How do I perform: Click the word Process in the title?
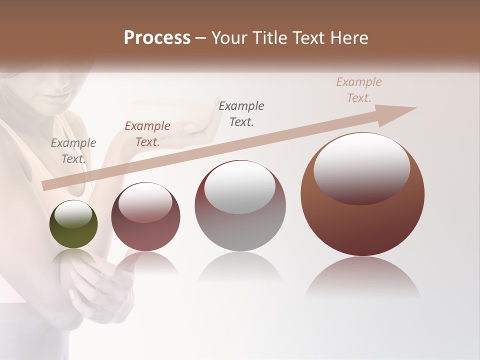tap(157, 38)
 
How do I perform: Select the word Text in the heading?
tap(307, 38)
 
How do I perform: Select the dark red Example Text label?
tap(147, 134)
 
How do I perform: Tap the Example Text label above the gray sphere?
tap(241, 114)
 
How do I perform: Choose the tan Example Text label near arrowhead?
tap(359, 90)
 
